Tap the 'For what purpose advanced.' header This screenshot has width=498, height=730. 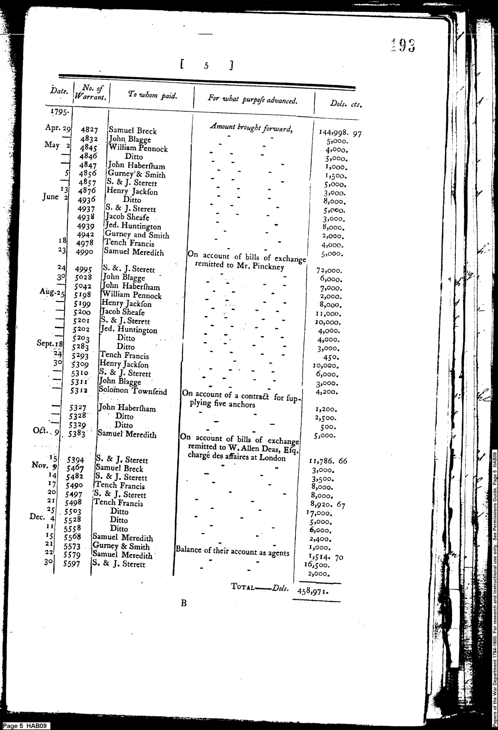pyautogui.click(x=252, y=100)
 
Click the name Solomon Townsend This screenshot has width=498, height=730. pyautogui.click(x=132, y=391)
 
